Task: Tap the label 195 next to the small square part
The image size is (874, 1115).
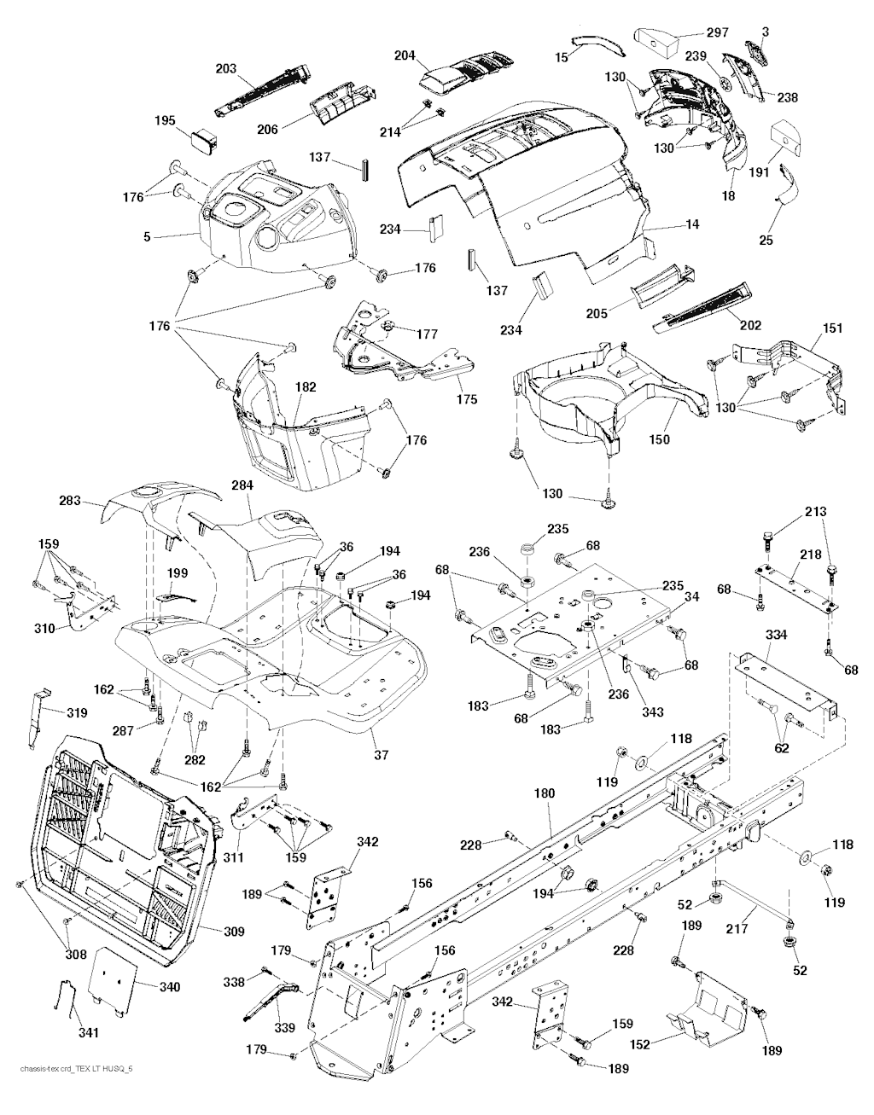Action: (x=165, y=122)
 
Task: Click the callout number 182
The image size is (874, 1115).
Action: (x=306, y=387)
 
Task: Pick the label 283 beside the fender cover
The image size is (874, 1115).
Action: (x=70, y=502)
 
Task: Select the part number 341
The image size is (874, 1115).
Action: (x=89, y=1033)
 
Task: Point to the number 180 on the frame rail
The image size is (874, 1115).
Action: (x=544, y=793)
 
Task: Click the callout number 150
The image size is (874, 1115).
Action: (x=659, y=440)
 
